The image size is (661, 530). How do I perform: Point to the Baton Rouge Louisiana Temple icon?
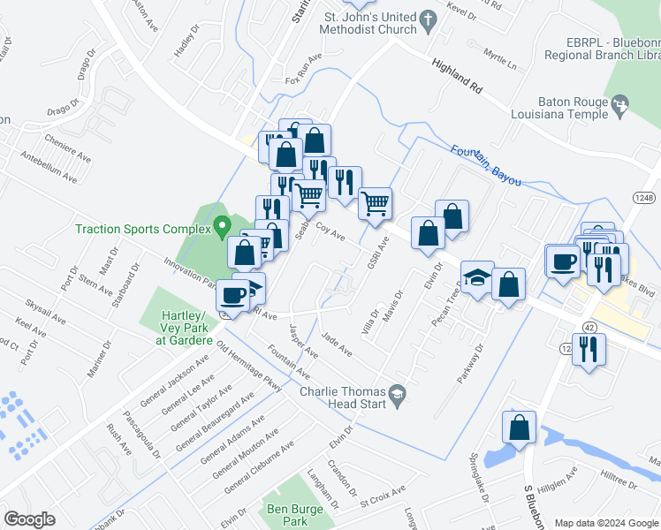pyautogui.click(x=620, y=108)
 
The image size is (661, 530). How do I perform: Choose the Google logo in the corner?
pyautogui.click(x=29, y=519)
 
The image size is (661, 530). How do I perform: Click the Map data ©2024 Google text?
pyautogui.click(x=606, y=523)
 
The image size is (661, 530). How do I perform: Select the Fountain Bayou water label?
pyautogui.click(x=484, y=165)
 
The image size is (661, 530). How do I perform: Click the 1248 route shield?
pyautogui.click(x=642, y=200)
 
